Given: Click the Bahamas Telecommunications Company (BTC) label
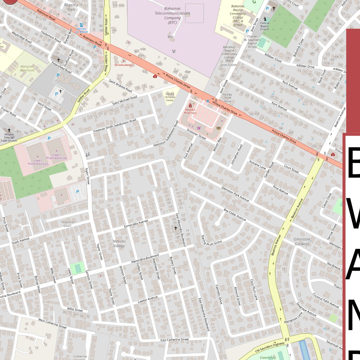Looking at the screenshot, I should [x=172, y=15].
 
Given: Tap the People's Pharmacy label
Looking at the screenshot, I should [x=191, y=111].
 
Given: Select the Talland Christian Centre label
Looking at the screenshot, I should [x=169, y=97].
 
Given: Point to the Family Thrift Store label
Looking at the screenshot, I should [x=227, y=98].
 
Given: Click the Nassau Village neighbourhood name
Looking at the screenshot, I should [x=119, y=244].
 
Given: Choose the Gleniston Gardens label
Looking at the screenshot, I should [x=302, y=241].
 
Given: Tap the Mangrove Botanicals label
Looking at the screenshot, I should [x=27, y=68].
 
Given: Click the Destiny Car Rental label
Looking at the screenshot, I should [x=81, y=30].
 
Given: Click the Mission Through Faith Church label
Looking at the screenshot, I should [x=9, y=137].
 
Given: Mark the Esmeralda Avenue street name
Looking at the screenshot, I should [x=136, y=224].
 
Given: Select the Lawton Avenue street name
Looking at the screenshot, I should [x=148, y=300].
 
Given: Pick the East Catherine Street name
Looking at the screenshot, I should [x=175, y=340].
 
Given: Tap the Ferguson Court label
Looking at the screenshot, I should [x=67, y=224].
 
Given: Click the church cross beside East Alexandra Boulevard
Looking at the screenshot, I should [x=175, y=228].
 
